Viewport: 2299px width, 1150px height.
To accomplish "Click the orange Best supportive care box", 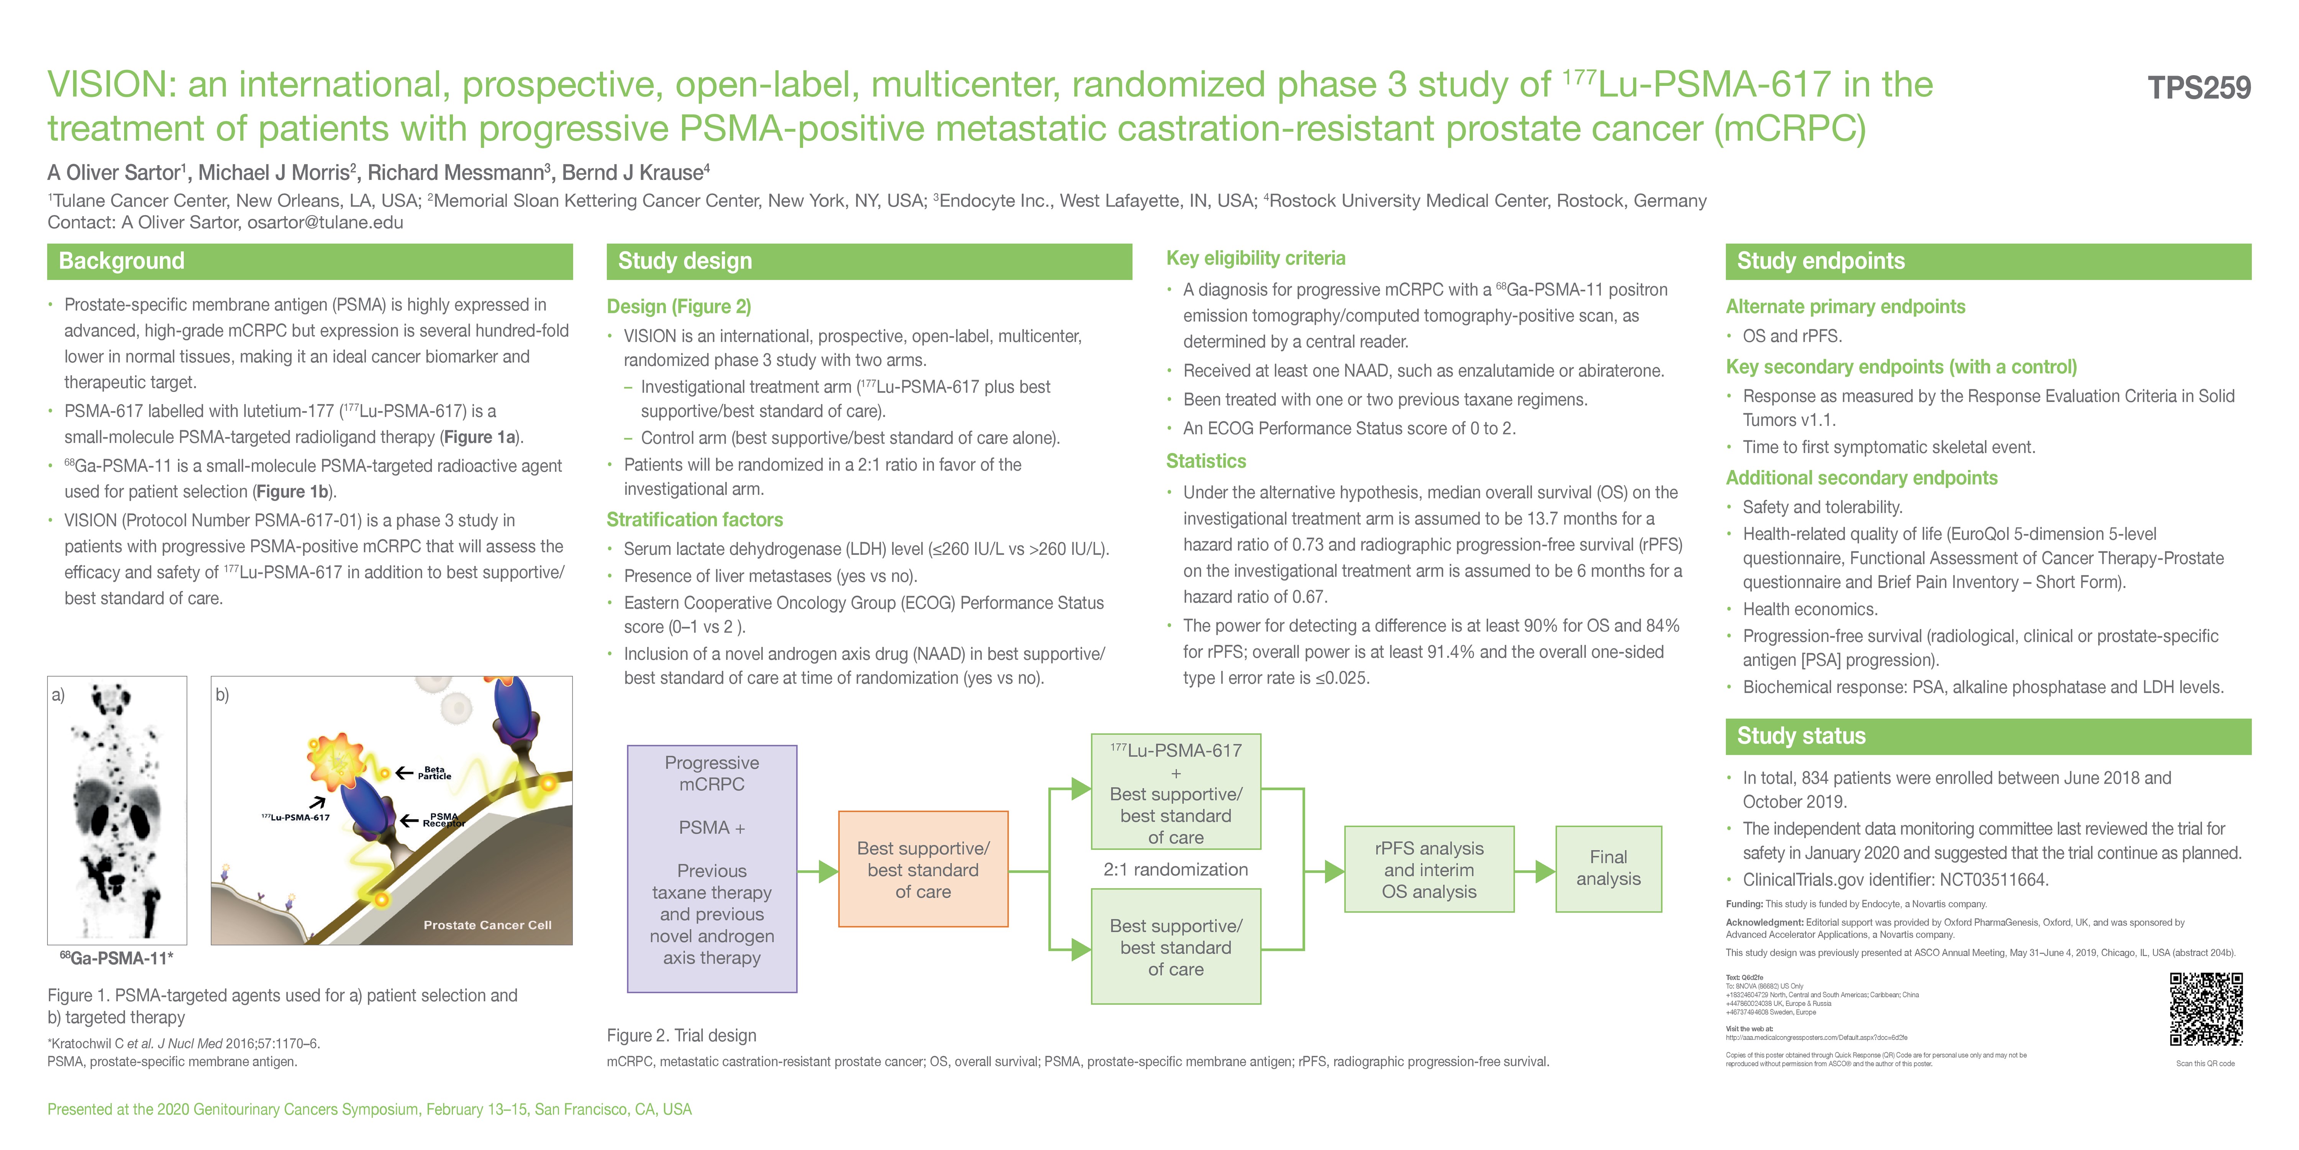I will (x=923, y=869).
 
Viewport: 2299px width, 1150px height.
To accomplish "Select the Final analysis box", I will (x=1608, y=868).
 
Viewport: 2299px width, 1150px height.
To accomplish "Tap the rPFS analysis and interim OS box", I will (x=1429, y=869).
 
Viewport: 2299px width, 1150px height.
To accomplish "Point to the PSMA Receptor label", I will (x=444, y=820).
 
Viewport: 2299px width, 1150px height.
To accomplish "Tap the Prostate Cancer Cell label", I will (x=487, y=925).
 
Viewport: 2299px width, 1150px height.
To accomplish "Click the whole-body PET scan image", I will (x=117, y=810).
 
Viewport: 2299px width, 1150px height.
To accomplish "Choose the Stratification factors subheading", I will (x=694, y=520).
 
